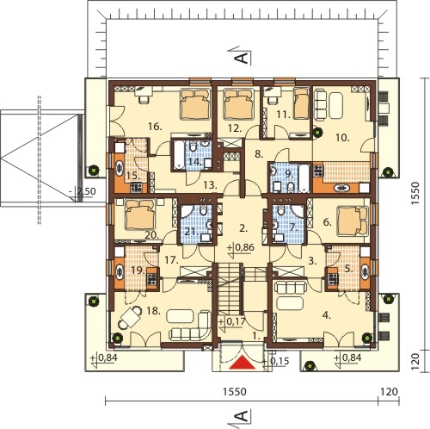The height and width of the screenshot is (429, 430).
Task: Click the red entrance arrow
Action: (x=243, y=362)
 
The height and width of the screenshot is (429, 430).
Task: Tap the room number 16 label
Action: (x=156, y=127)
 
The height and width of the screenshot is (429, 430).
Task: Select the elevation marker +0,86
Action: (x=240, y=247)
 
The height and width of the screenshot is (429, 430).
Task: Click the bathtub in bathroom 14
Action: (x=179, y=155)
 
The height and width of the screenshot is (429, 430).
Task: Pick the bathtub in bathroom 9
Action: (x=304, y=178)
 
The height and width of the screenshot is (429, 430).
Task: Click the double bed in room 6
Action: (x=353, y=221)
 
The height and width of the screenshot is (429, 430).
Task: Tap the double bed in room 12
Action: (x=239, y=104)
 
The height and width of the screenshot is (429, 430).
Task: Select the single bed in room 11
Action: (x=301, y=103)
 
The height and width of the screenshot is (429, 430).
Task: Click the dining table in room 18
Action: (x=131, y=317)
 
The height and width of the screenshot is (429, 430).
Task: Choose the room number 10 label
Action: (x=342, y=138)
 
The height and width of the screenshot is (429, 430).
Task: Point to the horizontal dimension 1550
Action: (x=235, y=391)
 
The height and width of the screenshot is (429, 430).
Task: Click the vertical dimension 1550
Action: (x=415, y=193)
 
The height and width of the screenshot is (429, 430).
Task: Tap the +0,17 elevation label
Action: (x=231, y=321)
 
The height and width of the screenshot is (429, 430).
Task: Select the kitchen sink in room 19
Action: (x=119, y=271)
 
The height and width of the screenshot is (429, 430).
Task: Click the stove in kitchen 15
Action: (x=136, y=187)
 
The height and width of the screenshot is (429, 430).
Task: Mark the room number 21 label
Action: (x=190, y=231)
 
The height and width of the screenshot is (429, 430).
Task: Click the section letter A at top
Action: (x=241, y=58)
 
